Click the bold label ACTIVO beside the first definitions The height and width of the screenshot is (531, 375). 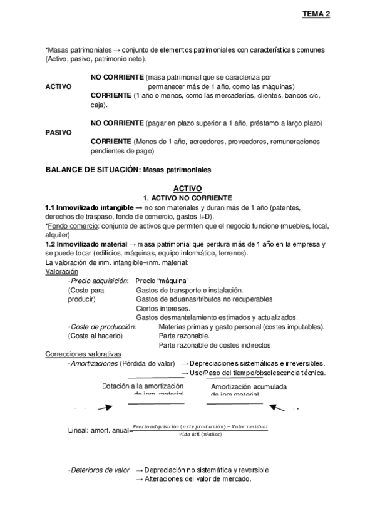pyautogui.click(x=59, y=86)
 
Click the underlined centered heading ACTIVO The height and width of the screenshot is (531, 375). pyautogui.click(x=188, y=187)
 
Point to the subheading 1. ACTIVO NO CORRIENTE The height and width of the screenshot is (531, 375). pyautogui.click(x=187, y=197)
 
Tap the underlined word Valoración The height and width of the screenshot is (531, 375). pyautogui.click(x=63, y=272)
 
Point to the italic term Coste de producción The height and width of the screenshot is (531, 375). pyautogui.click(x=101, y=327)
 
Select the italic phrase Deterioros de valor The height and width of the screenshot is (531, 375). pyautogui.click(x=98, y=470)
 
